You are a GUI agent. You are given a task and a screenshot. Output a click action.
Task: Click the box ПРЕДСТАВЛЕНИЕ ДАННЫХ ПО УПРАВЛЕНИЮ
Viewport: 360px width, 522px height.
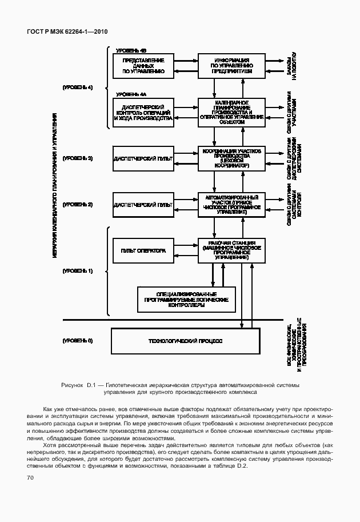click(143, 66)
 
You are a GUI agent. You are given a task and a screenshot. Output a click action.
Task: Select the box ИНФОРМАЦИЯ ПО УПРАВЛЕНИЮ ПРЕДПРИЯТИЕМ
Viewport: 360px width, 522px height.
click(231, 66)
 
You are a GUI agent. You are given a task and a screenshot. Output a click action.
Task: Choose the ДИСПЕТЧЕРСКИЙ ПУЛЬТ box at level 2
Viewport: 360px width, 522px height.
click(143, 204)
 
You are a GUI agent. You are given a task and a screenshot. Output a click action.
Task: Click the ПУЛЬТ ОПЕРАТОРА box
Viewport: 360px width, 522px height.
click(143, 250)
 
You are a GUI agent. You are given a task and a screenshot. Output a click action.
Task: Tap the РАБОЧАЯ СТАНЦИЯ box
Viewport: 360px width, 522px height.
click(231, 250)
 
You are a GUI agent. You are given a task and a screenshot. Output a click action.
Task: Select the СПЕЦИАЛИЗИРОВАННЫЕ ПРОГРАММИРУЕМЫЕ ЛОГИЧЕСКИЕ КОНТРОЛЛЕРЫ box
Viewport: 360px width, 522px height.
click(186, 299)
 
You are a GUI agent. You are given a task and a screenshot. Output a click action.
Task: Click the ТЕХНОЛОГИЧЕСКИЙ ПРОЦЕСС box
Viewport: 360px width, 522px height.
click(185, 341)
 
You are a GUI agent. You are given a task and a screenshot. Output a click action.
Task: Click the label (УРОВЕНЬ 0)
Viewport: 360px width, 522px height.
click(78, 341)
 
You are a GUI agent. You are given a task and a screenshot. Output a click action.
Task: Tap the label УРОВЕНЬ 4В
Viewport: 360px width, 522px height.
click(131, 50)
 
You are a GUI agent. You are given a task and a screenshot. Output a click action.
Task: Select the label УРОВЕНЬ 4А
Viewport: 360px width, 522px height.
click(131, 94)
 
